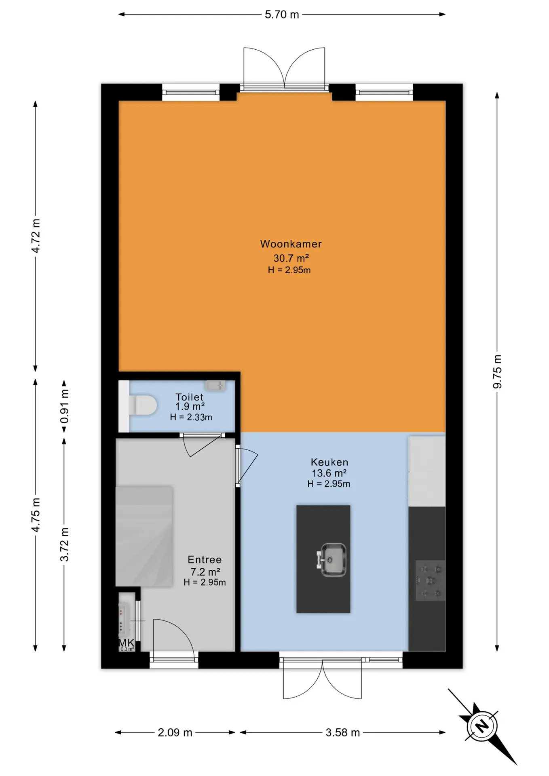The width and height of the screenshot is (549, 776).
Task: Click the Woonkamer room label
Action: (x=291, y=244)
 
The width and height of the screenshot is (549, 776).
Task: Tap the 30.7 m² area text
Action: (x=291, y=258)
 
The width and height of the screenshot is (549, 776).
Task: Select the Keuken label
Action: (x=329, y=462)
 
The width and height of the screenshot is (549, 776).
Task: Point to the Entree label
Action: (x=205, y=560)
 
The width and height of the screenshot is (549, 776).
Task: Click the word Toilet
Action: (x=189, y=397)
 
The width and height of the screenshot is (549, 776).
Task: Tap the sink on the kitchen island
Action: (x=332, y=560)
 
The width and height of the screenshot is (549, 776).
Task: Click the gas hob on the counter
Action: (x=430, y=581)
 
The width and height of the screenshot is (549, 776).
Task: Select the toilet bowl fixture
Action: (x=142, y=405)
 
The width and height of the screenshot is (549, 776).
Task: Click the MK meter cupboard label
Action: (x=126, y=643)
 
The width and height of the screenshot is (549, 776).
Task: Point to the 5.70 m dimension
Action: (x=282, y=15)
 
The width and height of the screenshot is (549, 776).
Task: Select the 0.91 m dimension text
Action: (x=64, y=406)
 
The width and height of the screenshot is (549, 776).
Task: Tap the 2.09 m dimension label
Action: (x=175, y=733)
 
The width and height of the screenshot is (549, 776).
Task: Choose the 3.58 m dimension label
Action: (x=343, y=733)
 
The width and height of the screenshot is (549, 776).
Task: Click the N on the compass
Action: (x=482, y=726)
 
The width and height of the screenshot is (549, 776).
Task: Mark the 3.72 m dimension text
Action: (x=64, y=544)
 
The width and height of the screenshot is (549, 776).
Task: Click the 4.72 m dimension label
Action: (x=36, y=236)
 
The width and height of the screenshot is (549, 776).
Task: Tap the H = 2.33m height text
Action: (x=191, y=418)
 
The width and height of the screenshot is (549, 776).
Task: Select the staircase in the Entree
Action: (x=144, y=536)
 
